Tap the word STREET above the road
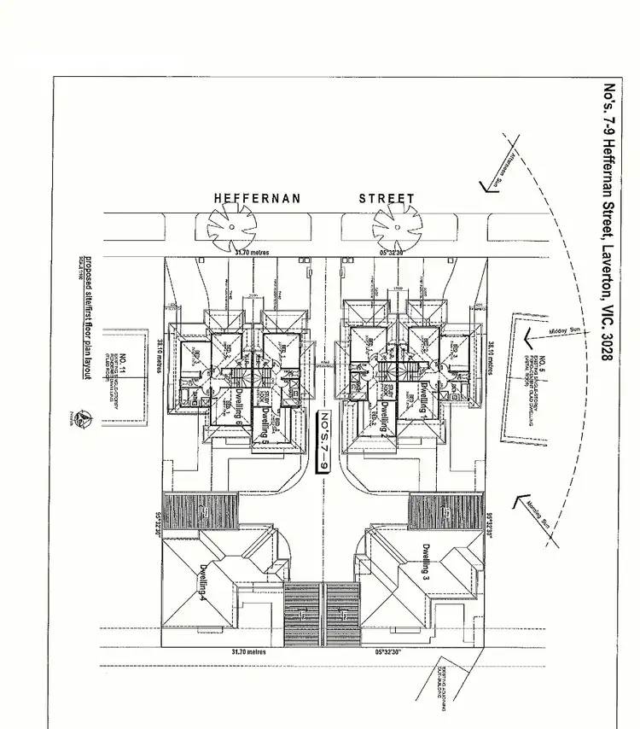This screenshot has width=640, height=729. pos(387,199)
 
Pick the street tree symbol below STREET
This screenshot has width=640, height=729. pos(396,225)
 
